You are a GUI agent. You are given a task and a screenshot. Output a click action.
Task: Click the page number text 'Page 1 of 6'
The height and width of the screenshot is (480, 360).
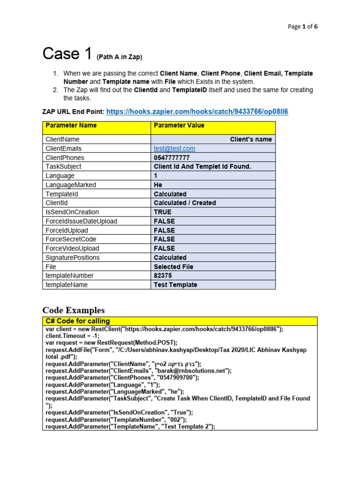[302, 27]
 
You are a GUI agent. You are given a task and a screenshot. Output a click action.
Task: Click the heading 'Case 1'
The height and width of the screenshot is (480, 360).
[67, 54]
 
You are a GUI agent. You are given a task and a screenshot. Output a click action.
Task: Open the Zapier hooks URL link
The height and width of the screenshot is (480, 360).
[197, 112]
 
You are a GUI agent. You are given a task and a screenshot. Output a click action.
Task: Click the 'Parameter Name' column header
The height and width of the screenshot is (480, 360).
[71, 126]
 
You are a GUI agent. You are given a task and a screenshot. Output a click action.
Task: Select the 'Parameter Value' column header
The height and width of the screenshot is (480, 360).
[179, 126]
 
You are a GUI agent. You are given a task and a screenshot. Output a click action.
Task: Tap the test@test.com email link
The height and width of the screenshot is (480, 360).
[174, 149]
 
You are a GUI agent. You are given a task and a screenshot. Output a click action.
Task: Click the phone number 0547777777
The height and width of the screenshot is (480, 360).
[172, 158]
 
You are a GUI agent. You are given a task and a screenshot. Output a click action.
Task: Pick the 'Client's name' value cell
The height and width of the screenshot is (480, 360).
[250, 140]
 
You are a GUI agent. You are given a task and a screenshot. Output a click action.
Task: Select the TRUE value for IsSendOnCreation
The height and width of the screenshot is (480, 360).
[163, 212]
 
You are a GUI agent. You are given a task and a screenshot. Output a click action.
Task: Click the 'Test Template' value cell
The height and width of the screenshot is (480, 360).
[175, 285]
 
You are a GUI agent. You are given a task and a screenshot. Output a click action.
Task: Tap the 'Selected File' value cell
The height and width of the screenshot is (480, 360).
[173, 267]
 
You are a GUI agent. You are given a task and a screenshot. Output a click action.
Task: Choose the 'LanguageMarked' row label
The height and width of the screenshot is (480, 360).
[70, 185]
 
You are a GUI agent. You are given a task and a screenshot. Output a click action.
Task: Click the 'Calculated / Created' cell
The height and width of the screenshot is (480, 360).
[185, 203]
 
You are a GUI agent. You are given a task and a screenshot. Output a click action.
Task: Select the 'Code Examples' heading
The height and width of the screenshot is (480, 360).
[74, 310]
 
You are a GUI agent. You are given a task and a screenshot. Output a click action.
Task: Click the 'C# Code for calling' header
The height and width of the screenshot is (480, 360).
[77, 321]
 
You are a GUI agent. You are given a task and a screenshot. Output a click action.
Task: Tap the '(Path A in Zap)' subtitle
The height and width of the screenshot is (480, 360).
[119, 57]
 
